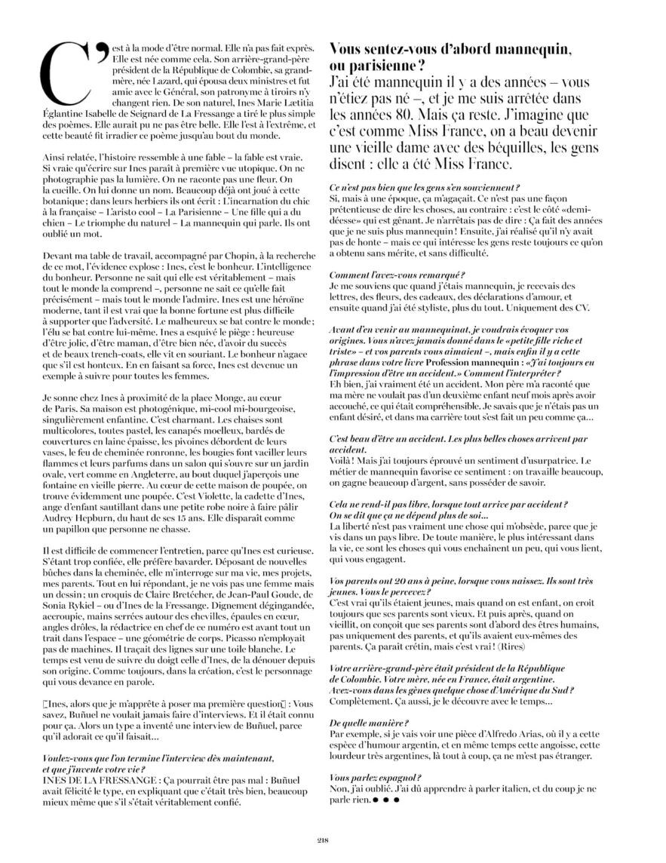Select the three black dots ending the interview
(386, 801)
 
